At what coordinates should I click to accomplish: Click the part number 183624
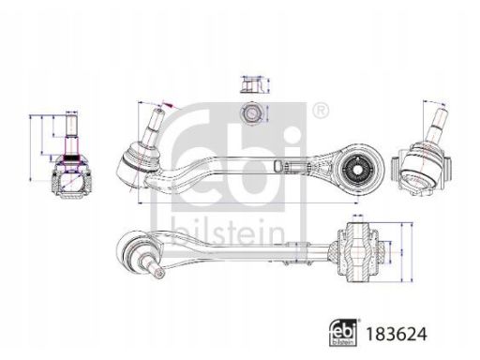point(397,334)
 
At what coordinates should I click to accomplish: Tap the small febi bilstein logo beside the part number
point(344,333)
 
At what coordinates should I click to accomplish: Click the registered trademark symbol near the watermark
point(321,111)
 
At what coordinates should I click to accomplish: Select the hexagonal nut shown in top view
point(251,112)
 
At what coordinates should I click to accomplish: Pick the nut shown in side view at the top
point(251,84)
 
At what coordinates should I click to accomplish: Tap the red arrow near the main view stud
point(168,105)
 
